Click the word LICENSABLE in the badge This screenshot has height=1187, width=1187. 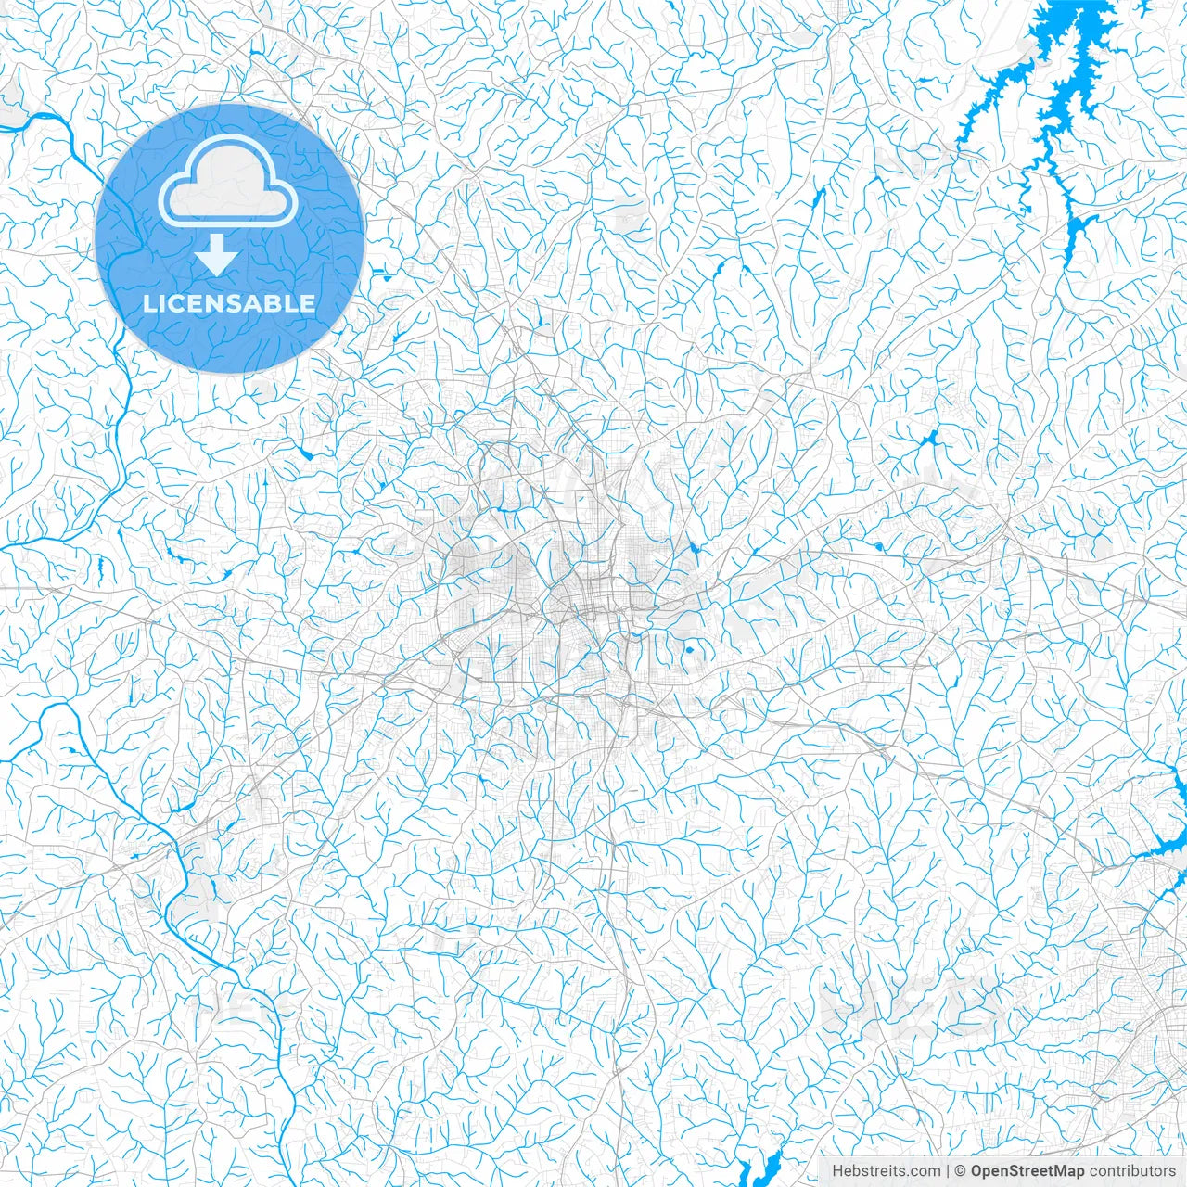(229, 303)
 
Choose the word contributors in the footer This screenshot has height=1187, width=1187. (1131, 1170)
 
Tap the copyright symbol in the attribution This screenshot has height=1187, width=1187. (962, 1170)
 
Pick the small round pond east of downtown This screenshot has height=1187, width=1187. (689, 660)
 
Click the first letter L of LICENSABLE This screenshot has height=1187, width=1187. (149, 303)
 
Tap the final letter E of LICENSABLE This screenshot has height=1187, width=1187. (308, 303)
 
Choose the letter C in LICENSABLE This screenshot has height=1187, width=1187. (174, 303)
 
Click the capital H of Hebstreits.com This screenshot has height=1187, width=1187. (836, 1170)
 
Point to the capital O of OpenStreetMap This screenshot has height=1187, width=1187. (977, 1170)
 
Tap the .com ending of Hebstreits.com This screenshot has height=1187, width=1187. (925, 1170)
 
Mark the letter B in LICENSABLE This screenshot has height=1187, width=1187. (273, 303)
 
